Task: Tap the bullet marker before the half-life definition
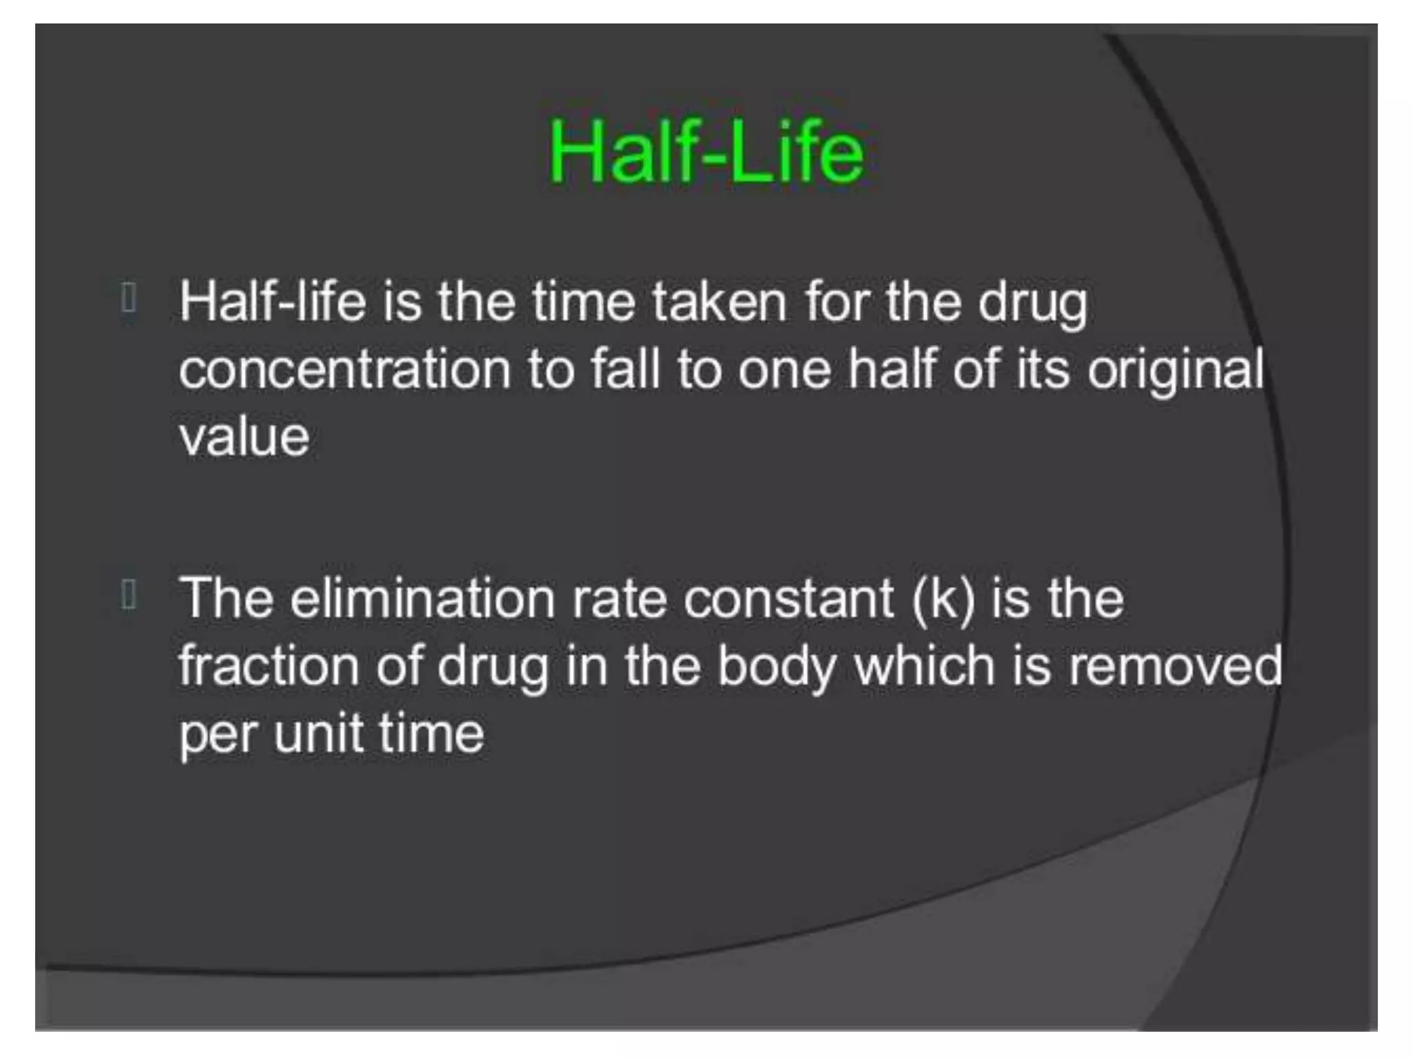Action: click(x=128, y=298)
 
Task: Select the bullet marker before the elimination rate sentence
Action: click(x=128, y=594)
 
